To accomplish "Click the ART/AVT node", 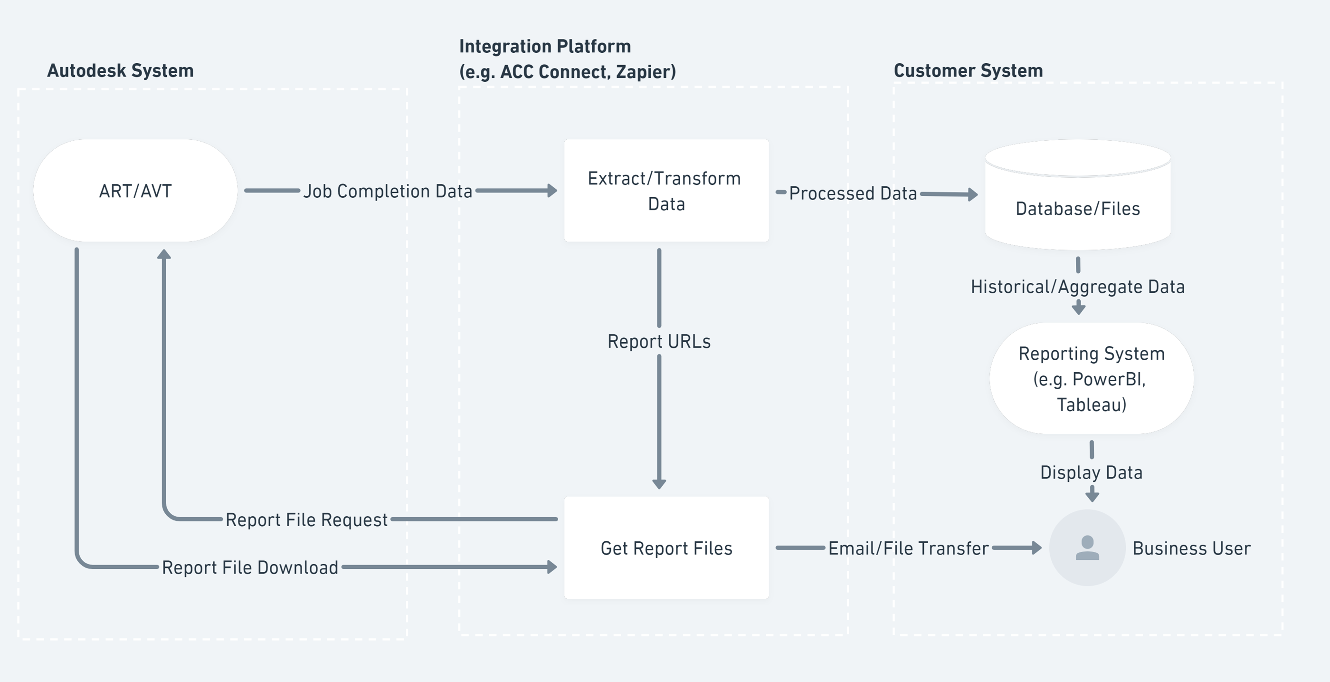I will (135, 191).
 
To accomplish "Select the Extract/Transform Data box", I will (666, 191).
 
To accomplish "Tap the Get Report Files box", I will (666, 548).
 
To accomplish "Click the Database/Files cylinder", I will (1077, 202).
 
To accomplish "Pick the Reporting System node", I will (1091, 379).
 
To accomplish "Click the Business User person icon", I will (1087, 548).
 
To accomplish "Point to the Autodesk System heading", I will (120, 70).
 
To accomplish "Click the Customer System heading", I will (968, 70).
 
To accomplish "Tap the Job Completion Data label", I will (387, 191).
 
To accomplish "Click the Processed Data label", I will (853, 193).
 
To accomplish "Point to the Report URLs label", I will (659, 342).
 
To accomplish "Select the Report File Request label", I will (306, 519).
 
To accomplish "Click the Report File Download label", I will (250, 567).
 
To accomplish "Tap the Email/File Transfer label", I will (908, 548).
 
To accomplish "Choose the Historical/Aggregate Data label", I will (1077, 287).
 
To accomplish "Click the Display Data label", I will (1091, 472).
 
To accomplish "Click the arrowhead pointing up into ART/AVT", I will (164, 254).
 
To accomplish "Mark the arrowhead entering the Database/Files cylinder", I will (973, 194).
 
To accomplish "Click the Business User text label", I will (1191, 548).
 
